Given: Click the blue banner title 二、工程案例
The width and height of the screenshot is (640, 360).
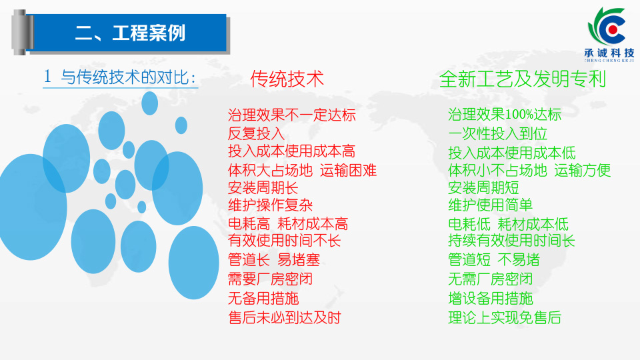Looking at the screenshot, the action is tap(130, 33).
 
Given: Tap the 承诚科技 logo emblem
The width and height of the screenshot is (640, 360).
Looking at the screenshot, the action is tap(608, 27).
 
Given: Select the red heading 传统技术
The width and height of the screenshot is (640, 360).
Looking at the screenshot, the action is tap(287, 79).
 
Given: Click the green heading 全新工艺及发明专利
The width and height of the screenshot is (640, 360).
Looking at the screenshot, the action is tap(523, 79).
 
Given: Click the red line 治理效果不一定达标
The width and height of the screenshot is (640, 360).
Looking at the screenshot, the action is tap(291, 115).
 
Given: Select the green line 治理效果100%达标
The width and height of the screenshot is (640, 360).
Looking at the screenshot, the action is tap(505, 115).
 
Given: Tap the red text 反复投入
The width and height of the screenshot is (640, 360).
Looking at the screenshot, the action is tap(256, 133).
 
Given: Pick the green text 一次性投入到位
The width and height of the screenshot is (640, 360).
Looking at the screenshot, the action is tap(497, 133).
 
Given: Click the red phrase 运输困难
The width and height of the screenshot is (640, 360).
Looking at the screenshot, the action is tap(348, 170).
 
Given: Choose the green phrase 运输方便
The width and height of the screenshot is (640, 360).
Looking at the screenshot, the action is tap(583, 170).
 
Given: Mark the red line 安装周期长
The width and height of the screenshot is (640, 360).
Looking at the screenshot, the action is tap(263, 188).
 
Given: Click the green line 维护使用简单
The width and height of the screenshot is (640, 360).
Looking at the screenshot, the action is tap(490, 205).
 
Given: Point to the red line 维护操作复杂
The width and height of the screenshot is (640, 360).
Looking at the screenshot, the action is tap(270, 205).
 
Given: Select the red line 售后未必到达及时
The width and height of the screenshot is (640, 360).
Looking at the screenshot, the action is tap(284, 317).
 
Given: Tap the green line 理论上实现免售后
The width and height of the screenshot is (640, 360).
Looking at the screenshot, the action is tap(505, 317).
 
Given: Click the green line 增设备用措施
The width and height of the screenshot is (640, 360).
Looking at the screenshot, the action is tap(490, 299).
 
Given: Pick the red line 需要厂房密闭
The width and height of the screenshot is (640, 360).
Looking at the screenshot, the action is tap(270, 279).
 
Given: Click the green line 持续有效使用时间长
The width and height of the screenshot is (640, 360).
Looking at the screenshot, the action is tap(511, 241).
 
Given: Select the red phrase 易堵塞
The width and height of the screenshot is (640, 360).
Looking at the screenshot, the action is tap(299, 260).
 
